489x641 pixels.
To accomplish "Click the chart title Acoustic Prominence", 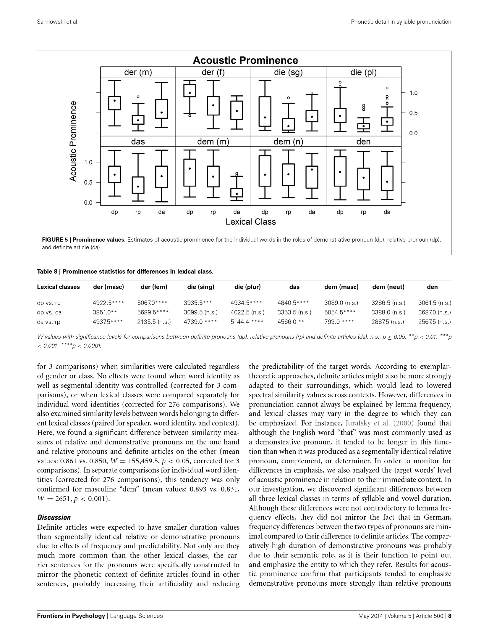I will pos(245,60).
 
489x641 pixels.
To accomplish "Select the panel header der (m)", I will pos(138,72).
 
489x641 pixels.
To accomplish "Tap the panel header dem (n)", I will pos(288,142).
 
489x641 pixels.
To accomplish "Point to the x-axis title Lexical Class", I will pos(250,222).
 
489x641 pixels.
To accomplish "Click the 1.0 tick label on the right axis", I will pos(413,93).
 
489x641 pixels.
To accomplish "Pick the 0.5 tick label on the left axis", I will pos(88,182).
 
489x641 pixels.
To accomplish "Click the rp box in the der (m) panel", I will pos(138,120).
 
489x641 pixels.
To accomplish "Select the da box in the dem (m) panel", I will pos(237,192).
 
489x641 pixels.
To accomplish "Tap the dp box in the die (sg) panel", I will pos(265,111).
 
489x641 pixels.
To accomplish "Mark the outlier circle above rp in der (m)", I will pos(138,97).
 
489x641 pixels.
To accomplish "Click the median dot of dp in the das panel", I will pos(114,175).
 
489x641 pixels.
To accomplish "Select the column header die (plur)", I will pos(247,287).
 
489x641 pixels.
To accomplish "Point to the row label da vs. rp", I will pos(48,322).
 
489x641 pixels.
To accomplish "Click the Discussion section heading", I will pos(54,518).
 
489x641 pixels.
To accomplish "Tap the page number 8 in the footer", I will pos(449,616).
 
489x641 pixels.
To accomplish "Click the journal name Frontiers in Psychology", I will pos(71,616).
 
